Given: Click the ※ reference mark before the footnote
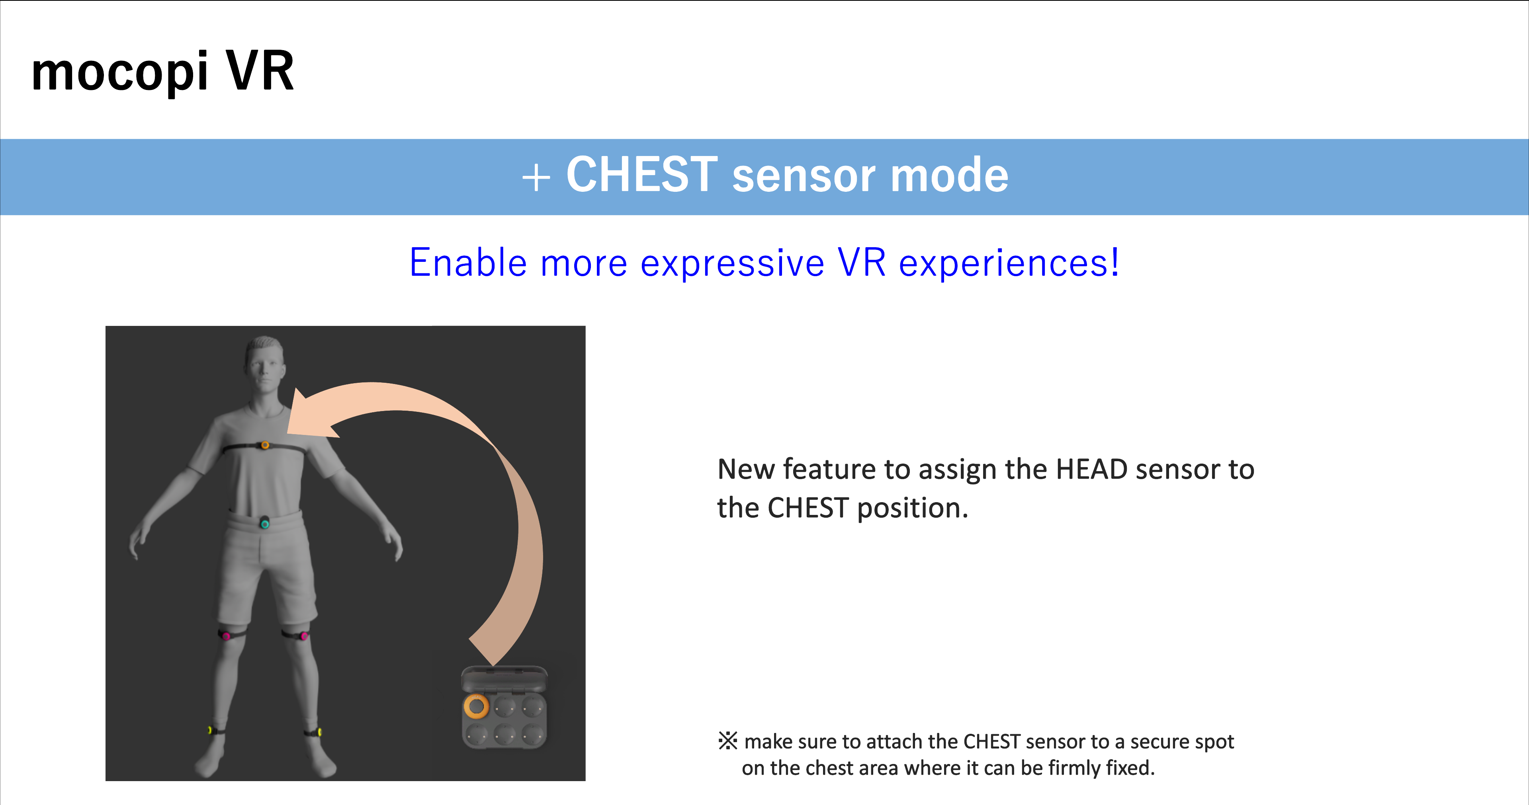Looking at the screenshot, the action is (x=728, y=741).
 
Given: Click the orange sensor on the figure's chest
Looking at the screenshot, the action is (x=265, y=445).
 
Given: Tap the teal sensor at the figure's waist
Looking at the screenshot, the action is (x=265, y=523).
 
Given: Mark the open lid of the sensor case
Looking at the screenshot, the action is (x=504, y=678).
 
